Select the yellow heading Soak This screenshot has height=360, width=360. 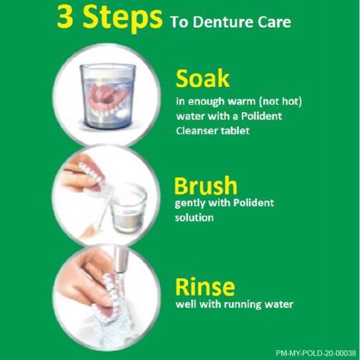pos(203,79)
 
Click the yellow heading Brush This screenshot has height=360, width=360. pos(206,186)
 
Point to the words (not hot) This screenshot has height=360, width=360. pos(280,102)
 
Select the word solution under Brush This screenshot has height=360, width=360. pos(194,217)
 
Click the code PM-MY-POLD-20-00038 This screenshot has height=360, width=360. pos(316,353)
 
